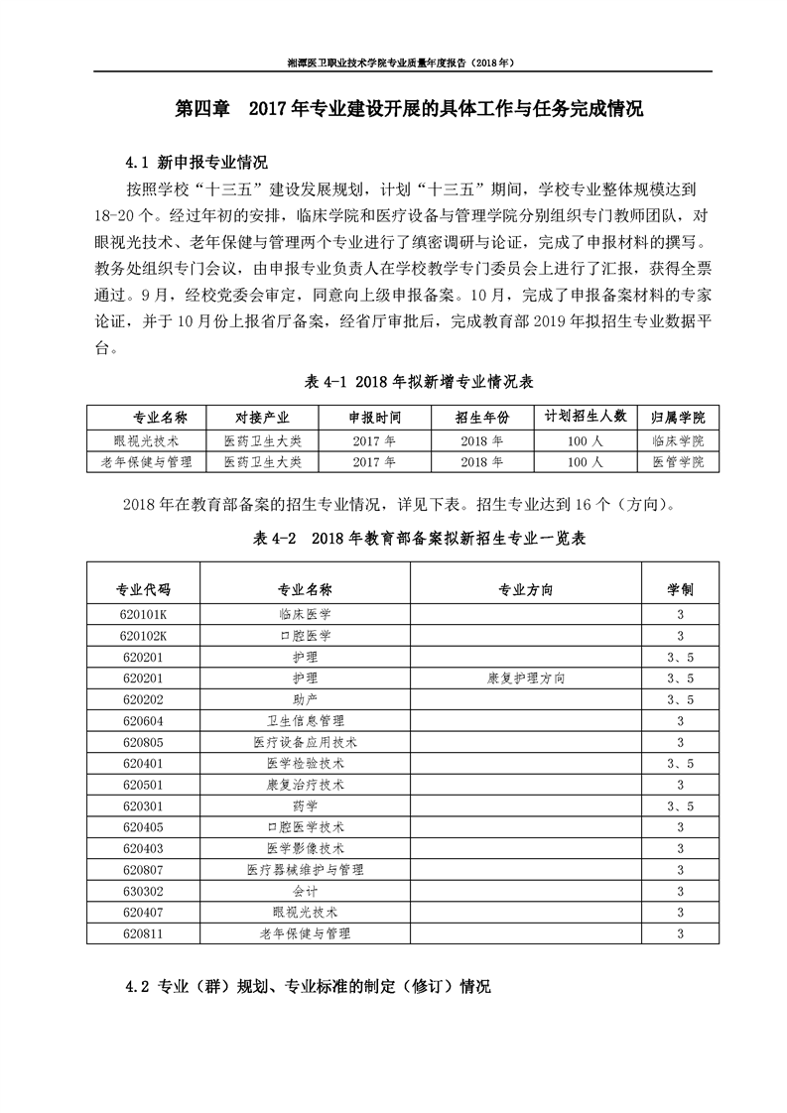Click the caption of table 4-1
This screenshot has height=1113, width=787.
[x=408, y=382]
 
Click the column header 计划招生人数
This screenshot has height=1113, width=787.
[x=586, y=416]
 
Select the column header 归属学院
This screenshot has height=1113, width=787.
[x=678, y=416]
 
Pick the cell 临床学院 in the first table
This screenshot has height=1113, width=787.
[x=678, y=439]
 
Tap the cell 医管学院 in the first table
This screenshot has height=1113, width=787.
[x=678, y=462]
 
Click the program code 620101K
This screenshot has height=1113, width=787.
[x=144, y=614]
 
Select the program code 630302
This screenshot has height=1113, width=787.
[x=144, y=891]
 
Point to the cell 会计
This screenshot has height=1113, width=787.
[x=306, y=891]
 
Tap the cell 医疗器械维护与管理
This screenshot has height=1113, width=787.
[x=306, y=870]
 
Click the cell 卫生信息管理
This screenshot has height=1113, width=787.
[x=306, y=720]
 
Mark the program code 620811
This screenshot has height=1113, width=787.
[x=144, y=933]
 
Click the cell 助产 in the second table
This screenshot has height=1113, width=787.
[x=306, y=699]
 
